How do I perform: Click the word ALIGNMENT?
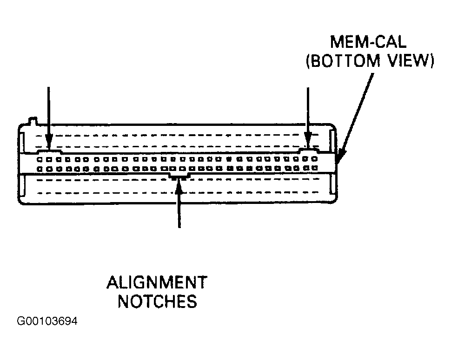[157, 282]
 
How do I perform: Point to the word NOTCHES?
[158, 301]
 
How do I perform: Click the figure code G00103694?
[47, 321]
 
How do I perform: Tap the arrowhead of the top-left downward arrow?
[49, 142]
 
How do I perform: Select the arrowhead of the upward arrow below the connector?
[179, 187]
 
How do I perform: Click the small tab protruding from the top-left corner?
[32, 121]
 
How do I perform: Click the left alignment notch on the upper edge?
[49, 151]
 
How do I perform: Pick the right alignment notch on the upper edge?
[309, 150]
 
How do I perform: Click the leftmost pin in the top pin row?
[40, 159]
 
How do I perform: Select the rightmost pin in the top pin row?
[314, 158]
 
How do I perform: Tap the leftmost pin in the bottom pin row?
[40, 169]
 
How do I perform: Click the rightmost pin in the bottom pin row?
[315, 168]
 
